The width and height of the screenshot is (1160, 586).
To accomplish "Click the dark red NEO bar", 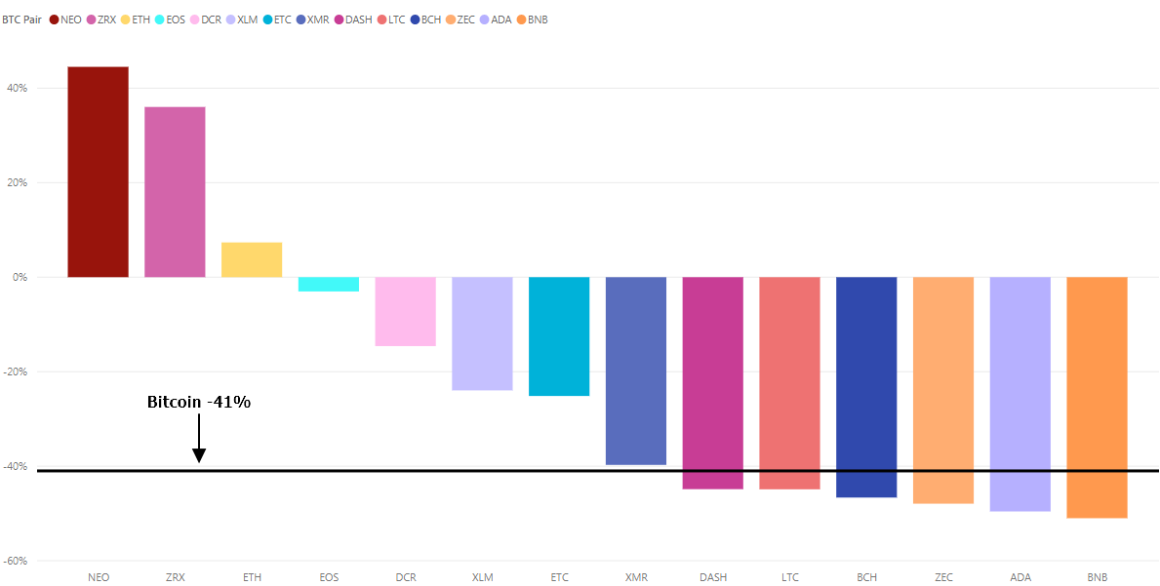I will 98,172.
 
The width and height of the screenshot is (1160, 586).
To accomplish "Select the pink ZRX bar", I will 175,191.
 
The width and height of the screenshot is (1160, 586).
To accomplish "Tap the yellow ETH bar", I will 252,259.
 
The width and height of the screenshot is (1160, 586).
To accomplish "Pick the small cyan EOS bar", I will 329,284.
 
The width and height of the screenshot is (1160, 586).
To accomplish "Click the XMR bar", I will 636,371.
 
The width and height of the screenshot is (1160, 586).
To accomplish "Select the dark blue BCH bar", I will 866,387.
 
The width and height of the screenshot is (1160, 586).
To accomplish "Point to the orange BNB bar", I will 1097,397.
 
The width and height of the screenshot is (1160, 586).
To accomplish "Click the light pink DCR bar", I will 406,311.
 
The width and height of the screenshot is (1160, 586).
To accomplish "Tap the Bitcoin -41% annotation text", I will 199,402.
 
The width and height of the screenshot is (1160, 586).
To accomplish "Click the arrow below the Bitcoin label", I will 199,439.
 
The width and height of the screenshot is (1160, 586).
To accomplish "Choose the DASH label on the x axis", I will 712,577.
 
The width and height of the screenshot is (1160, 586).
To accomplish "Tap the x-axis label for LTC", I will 789,577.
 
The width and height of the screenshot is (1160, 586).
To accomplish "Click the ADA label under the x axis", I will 1020,577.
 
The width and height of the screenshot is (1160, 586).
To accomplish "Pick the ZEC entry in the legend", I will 460,20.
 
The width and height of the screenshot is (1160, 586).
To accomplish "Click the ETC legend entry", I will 278,20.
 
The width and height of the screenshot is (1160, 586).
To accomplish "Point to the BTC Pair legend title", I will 21,20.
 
